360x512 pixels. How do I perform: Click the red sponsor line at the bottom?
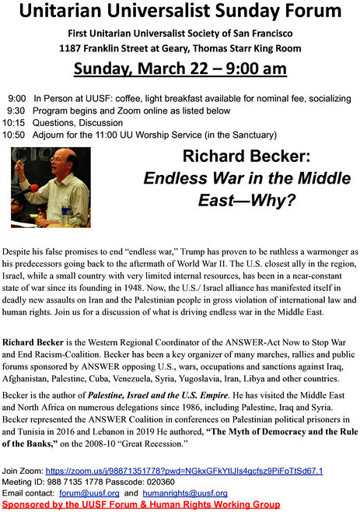142,504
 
